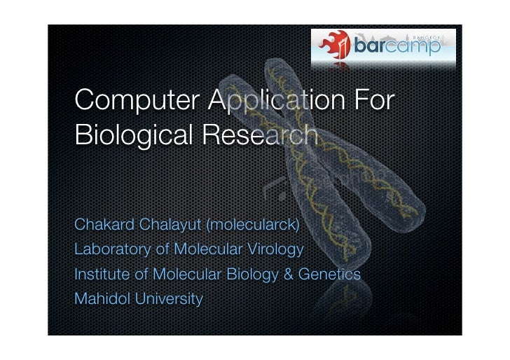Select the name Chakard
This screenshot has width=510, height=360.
pyautogui.click(x=102, y=226)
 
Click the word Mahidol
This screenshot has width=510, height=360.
pyautogui.click(x=97, y=300)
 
